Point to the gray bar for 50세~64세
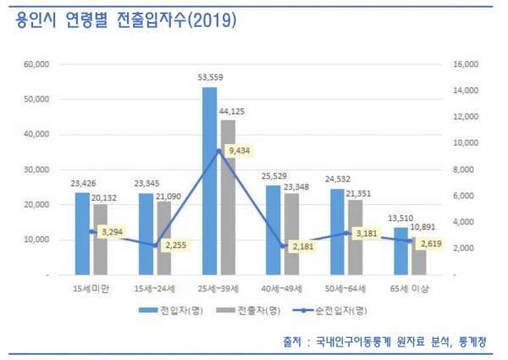(356, 237)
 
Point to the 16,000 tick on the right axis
(467, 64)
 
